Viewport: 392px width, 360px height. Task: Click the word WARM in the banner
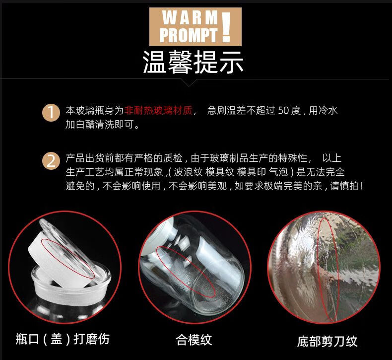[190, 17]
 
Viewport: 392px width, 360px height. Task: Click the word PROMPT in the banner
[189, 35]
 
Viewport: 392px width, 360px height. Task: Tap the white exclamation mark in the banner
[226, 27]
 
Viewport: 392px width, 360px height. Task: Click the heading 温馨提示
[193, 62]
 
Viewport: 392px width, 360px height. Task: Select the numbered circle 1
[51, 113]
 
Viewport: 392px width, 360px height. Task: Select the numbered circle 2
[51, 161]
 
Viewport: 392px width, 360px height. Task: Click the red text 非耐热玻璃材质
[158, 110]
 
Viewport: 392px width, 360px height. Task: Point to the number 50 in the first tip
[283, 110]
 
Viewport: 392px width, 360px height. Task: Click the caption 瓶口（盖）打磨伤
[63, 339]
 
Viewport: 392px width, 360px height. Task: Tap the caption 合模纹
[194, 340]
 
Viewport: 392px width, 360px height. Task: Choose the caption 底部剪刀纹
[327, 341]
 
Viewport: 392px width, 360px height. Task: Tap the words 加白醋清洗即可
[100, 124]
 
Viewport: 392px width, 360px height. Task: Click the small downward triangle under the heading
[189, 83]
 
